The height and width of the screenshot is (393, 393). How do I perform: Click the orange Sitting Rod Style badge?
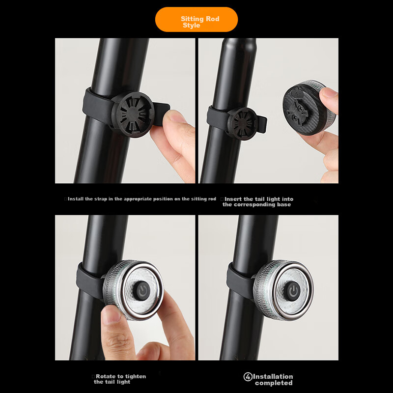point(196,20)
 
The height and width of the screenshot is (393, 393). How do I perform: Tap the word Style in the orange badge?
point(191,26)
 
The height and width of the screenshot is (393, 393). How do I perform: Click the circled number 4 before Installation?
point(248,376)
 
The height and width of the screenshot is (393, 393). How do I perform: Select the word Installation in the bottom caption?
point(273,376)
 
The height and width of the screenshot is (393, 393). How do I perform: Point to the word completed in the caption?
point(274,383)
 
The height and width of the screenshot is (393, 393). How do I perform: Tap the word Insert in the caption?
point(233,199)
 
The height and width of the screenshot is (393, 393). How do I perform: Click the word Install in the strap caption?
point(76,199)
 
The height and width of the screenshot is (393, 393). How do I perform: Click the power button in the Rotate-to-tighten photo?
point(142,290)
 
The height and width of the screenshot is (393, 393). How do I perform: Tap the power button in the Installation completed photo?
point(292,291)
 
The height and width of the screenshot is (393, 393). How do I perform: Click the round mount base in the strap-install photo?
point(133,114)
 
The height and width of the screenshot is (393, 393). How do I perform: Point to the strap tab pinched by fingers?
point(161,113)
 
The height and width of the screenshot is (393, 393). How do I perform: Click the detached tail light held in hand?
point(309,108)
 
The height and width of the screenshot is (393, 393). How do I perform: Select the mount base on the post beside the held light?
point(242,123)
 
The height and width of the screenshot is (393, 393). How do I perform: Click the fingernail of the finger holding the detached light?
point(329,92)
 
